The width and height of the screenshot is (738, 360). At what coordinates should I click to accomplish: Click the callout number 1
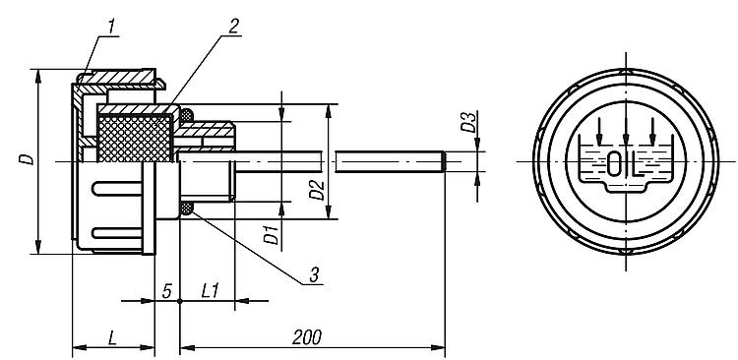[x=111, y=28]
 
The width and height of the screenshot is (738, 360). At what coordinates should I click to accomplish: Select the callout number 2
[x=233, y=27]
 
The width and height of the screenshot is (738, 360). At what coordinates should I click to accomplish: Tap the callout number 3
[x=315, y=274]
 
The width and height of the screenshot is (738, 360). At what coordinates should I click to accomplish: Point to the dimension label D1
[x=271, y=234]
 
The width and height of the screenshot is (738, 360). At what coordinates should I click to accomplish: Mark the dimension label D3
[x=467, y=122]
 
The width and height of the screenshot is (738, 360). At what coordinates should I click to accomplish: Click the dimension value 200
[x=307, y=337]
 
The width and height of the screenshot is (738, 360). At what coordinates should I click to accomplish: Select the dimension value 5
[x=167, y=291]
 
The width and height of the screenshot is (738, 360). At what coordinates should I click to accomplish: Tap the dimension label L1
[x=210, y=291]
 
